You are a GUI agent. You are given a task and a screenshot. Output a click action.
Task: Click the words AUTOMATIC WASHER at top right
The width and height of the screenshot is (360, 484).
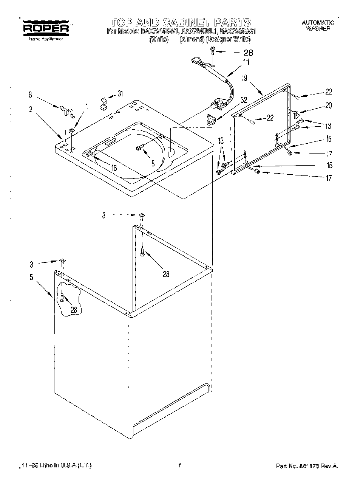(x=318, y=26)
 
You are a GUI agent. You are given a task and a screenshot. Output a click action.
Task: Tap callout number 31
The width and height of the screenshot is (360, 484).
(x=120, y=93)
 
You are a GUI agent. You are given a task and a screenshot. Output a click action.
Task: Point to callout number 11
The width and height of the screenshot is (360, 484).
(x=246, y=62)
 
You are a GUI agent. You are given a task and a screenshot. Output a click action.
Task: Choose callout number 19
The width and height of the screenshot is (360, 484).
(x=244, y=78)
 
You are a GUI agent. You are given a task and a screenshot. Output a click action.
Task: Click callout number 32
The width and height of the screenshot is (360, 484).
(x=244, y=100)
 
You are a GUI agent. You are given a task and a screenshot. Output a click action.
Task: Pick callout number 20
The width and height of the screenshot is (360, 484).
(x=328, y=106)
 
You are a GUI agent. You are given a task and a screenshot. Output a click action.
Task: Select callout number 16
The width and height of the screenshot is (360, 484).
(x=328, y=139)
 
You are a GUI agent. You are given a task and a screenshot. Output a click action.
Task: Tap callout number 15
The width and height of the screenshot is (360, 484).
(x=329, y=165)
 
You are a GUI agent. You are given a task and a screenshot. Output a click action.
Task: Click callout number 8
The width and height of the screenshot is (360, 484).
(x=153, y=164)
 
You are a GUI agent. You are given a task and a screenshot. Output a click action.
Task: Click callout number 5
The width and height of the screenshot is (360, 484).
(x=32, y=277)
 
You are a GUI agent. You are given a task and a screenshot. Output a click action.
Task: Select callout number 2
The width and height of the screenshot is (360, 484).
(x=31, y=110)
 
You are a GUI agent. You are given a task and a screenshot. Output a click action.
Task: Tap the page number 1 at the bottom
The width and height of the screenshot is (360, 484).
(x=180, y=465)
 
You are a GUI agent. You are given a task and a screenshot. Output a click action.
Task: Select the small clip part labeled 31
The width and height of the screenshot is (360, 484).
(x=103, y=103)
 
